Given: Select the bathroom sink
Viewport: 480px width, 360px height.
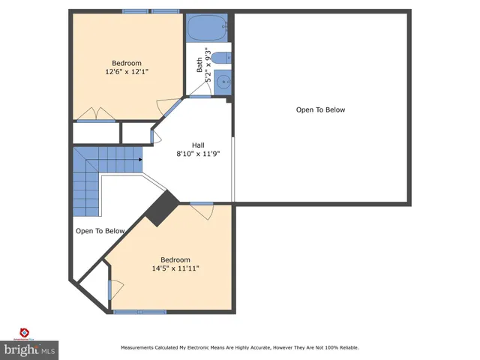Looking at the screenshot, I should click(222, 83).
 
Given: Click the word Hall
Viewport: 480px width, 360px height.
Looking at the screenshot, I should click(198, 145).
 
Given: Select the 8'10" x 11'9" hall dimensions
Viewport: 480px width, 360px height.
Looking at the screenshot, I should click(198, 154).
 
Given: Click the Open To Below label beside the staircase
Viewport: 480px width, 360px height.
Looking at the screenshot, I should click(100, 231).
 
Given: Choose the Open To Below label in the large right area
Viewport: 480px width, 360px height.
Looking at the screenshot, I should click(320, 109).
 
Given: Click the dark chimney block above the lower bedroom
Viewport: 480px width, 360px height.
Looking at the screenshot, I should click(160, 208).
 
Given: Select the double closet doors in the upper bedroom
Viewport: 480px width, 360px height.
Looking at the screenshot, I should click(96, 115).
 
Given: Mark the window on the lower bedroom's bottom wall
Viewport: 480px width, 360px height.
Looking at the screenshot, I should click(140, 311).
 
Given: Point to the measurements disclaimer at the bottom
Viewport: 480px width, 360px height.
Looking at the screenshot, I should click(240, 348).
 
